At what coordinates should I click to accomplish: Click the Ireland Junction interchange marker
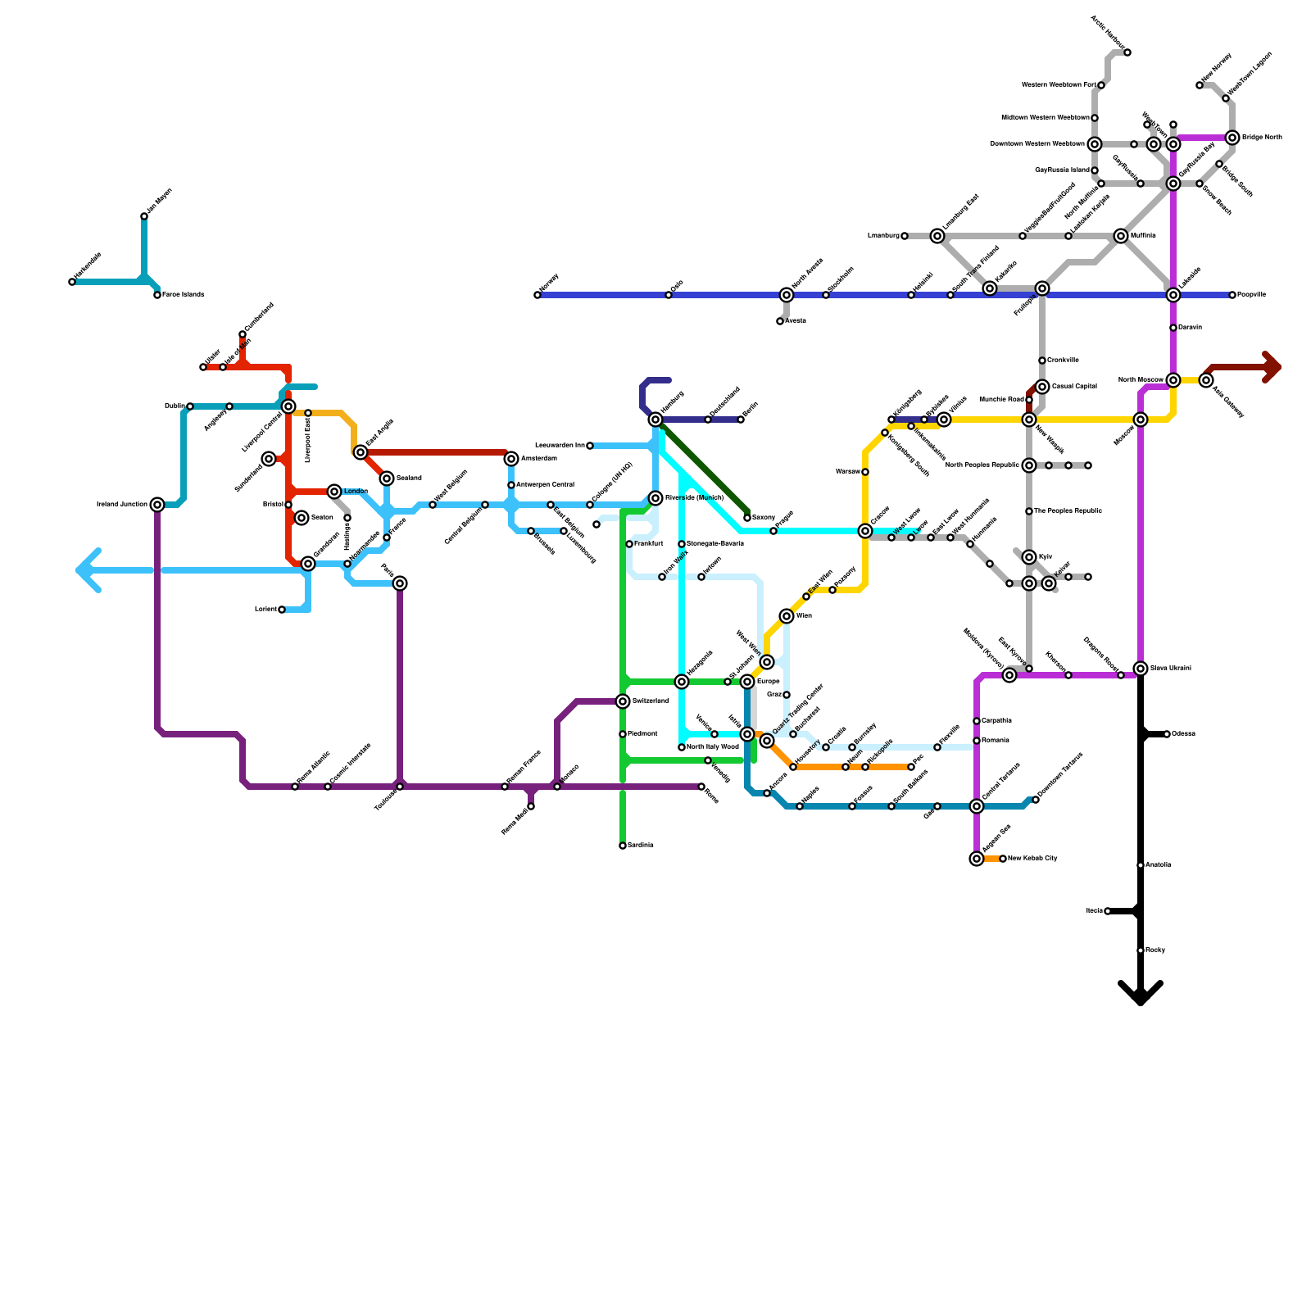pos(157,505)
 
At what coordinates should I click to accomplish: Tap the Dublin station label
pos(174,406)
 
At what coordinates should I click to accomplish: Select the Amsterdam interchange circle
pos(511,459)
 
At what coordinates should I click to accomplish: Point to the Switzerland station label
pos(650,701)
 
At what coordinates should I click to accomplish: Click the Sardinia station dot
pos(623,846)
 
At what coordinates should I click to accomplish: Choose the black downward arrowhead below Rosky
pos(1141,994)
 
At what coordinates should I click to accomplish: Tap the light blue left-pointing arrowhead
pos(87,570)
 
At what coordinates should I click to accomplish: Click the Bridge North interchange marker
pos(1232,138)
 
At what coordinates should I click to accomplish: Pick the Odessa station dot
pos(1167,734)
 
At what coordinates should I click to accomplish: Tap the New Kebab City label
pos(1032,859)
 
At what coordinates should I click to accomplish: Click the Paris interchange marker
pos(400,583)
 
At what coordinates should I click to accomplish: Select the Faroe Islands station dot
pos(157,295)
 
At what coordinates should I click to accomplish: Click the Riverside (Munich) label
pos(694,498)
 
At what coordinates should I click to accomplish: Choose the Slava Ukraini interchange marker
pos(1141,669)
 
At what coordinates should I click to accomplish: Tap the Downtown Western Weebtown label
pos(1037,144)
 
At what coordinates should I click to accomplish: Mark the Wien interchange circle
pos(787,616)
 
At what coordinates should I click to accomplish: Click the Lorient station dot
pos(282,610)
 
